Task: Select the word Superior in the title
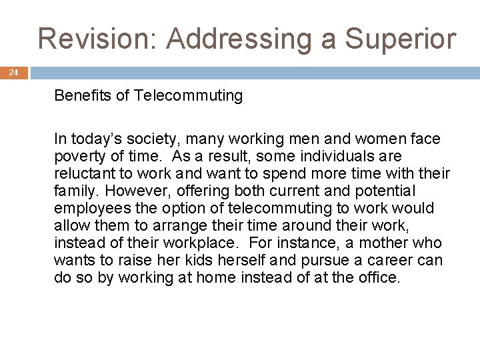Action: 400,39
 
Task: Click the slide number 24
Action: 14,73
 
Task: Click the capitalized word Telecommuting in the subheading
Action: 189,95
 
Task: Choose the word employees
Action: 87,208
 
